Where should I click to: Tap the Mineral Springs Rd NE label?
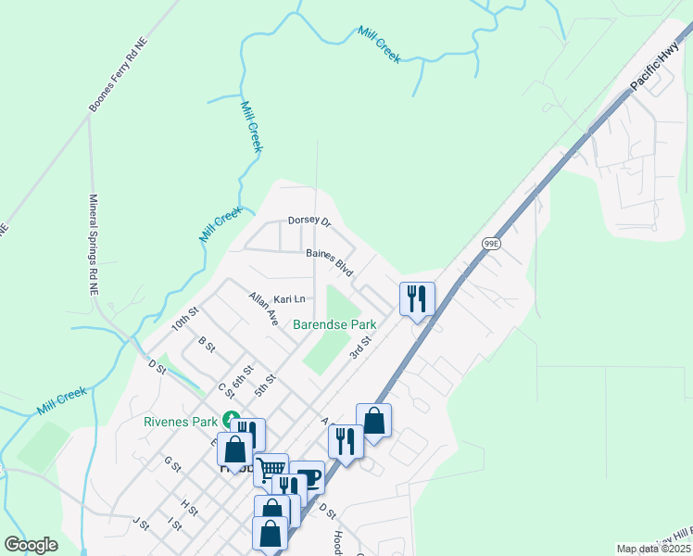[x=94, y=245]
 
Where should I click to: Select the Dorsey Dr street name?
[x=309, y=221]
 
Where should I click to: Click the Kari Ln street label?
[x=289, y=299]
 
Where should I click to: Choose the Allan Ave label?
[x=263, y=309]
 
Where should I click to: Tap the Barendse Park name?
[x=334, y=325]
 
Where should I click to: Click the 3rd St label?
[x=359, y=348]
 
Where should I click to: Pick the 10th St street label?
[x=185, y=321]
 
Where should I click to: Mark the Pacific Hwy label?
[x=655, y=68]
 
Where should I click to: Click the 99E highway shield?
[x=491, y=243]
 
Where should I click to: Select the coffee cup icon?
[x=308, y=478]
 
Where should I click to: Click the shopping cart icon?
[x=271, y=469]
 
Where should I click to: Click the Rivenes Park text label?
[x=179, y=421]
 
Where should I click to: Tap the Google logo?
[x=30, y=545]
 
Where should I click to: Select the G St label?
[x=172, y=462]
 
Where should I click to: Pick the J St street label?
[x=141, y=524]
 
